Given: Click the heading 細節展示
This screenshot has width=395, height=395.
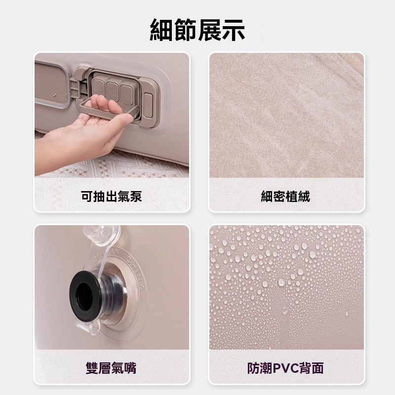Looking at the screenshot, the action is click(197, 30).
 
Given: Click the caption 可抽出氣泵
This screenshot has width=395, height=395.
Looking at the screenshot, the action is click(112, 196).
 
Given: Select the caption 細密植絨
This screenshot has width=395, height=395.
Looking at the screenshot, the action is click(285, 196).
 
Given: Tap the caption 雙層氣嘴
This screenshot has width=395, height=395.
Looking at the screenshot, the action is click(111, 368).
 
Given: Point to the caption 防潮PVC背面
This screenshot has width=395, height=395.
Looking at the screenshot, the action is click(285, 368).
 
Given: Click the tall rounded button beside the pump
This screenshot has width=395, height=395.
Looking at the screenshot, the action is click(148, 106).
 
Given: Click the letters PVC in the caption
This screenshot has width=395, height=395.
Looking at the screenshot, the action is click(285, 368).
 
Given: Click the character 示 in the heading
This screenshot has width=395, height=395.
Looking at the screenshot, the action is click(233, 30).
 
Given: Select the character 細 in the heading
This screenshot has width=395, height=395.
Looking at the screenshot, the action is click(161, 30).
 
